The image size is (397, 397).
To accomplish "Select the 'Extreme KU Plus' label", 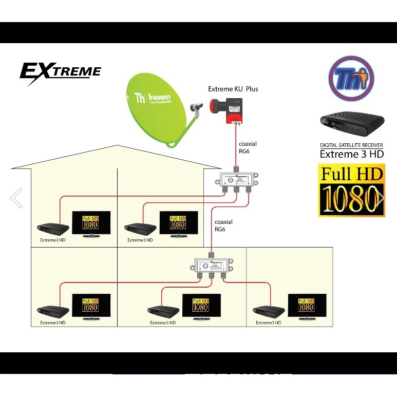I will click(233, 89).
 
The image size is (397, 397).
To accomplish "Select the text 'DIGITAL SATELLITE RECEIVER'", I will click(351, 146).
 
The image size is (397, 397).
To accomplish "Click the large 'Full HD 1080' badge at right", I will click(352, 190).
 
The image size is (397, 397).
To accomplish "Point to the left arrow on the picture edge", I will click(16, 198).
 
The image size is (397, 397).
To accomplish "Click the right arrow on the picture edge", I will click(381, 198).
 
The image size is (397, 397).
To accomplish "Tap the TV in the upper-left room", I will click(90, 223).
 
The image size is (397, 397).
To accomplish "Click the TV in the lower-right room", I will click(307, 307).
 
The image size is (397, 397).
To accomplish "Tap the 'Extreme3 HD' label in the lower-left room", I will click(52, 323).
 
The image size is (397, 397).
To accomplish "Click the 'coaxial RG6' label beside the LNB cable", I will click(247, 148).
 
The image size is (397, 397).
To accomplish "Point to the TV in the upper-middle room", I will click(178, 223).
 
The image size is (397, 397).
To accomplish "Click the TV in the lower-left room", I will click(90, 307).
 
